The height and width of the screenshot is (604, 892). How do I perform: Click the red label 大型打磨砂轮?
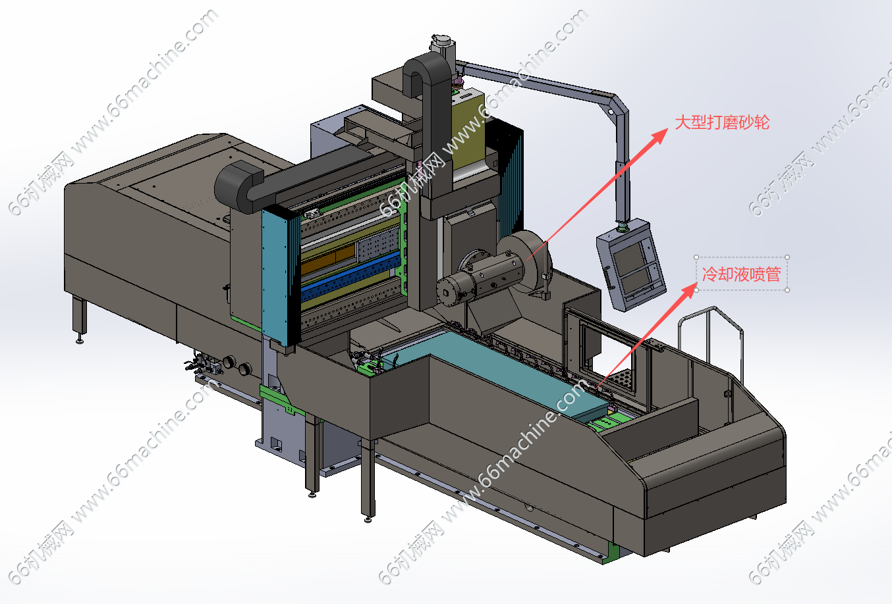pos(722,122)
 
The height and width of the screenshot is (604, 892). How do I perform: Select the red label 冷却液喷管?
pos(741,274)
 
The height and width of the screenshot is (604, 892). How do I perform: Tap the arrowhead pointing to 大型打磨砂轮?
pos(658,136)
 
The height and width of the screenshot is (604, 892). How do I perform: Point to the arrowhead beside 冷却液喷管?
pos(688,290)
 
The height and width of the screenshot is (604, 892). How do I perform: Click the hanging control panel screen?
pos(631,264)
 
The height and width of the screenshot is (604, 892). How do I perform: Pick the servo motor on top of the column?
pos(443,45)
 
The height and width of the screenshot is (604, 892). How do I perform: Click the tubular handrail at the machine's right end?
pos(711,342)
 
